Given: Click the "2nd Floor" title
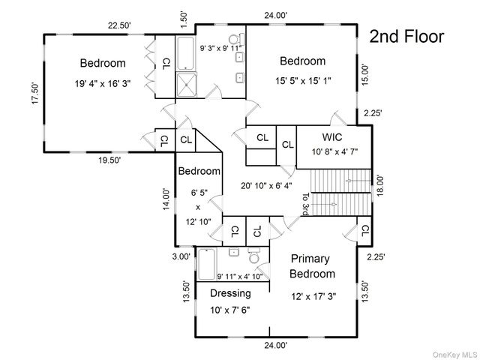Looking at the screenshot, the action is click(x=406, y=37).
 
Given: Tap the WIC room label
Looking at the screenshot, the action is click(x=331, y=136).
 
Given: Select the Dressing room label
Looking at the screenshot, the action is click(x=230, y=293).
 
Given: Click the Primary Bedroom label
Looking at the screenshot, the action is click(x=312, y=266).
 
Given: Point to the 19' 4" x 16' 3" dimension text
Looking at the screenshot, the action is click(x=103, y=83).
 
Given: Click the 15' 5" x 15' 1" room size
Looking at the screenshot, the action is click(x=303, y=81).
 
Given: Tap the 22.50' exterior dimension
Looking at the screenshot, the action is click(x=119, y=25).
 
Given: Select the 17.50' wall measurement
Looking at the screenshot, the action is click(x=36, y=93).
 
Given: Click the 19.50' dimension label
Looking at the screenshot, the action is click(x=109, y=160).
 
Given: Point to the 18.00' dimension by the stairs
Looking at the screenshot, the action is click(x=379, y=185).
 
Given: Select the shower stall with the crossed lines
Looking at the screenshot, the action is click(x=186, y=85).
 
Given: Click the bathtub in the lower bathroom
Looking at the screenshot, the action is click(x=207, y=265).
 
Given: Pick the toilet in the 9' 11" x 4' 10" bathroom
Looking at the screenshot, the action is click(x=254, y=256).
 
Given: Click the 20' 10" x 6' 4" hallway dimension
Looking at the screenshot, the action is click(x=266, y=185).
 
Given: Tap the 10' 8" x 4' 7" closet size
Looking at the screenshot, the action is click(x=334, y=151).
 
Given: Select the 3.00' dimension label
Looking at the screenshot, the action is click(x=181, y=256).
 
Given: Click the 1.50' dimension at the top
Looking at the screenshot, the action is click(x=184, y=20).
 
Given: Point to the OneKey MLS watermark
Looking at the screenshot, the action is click(x=454, y=355).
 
